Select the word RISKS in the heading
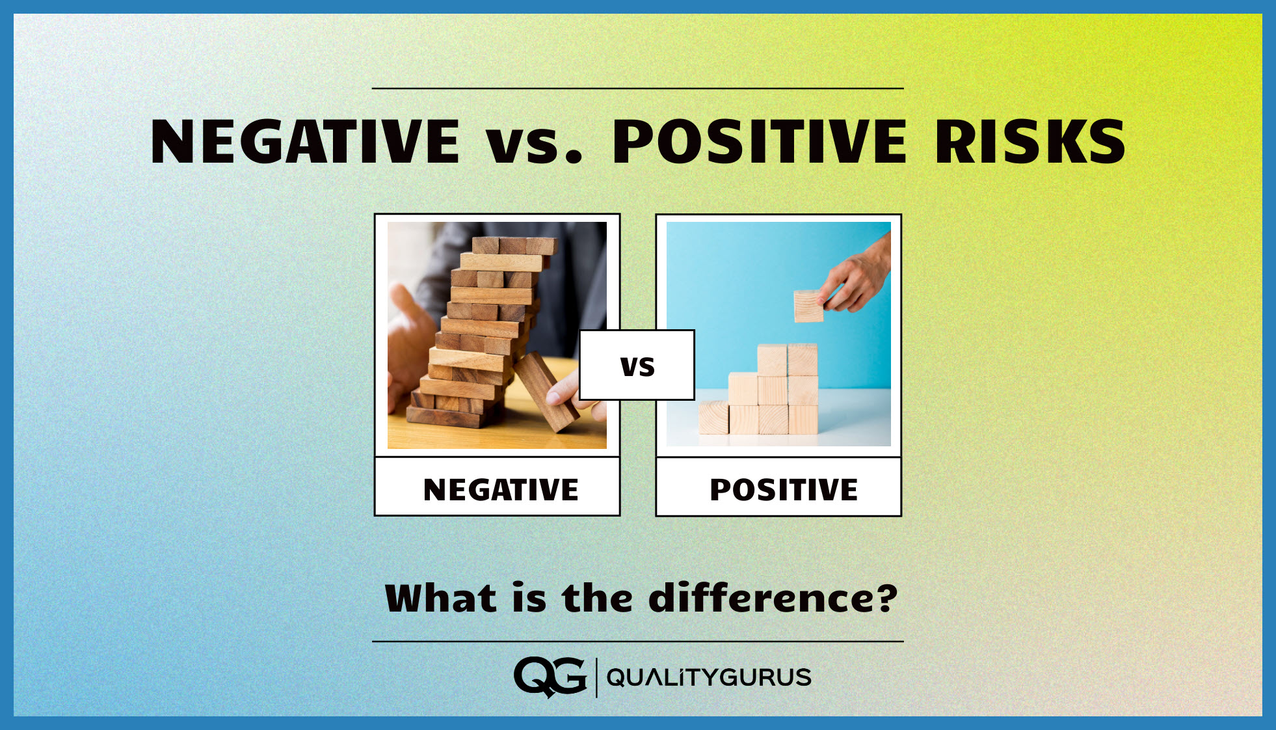(1030, 142)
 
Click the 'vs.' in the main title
(533, 144)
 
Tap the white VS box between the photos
(637, 365)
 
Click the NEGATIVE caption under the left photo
(499, 489)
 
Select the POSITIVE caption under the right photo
(783, 489)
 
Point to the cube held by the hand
(808, 306)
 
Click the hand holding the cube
(858, 277)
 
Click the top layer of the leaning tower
(514, 246)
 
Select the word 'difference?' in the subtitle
(773, 599)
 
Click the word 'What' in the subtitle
(441, 599)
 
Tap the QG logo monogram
(550, 677)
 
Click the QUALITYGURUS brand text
(708, 677)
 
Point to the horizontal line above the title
(637, 88)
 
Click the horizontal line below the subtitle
(637, 642)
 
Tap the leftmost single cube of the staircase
(713, 418)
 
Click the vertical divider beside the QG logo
(596, 677)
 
